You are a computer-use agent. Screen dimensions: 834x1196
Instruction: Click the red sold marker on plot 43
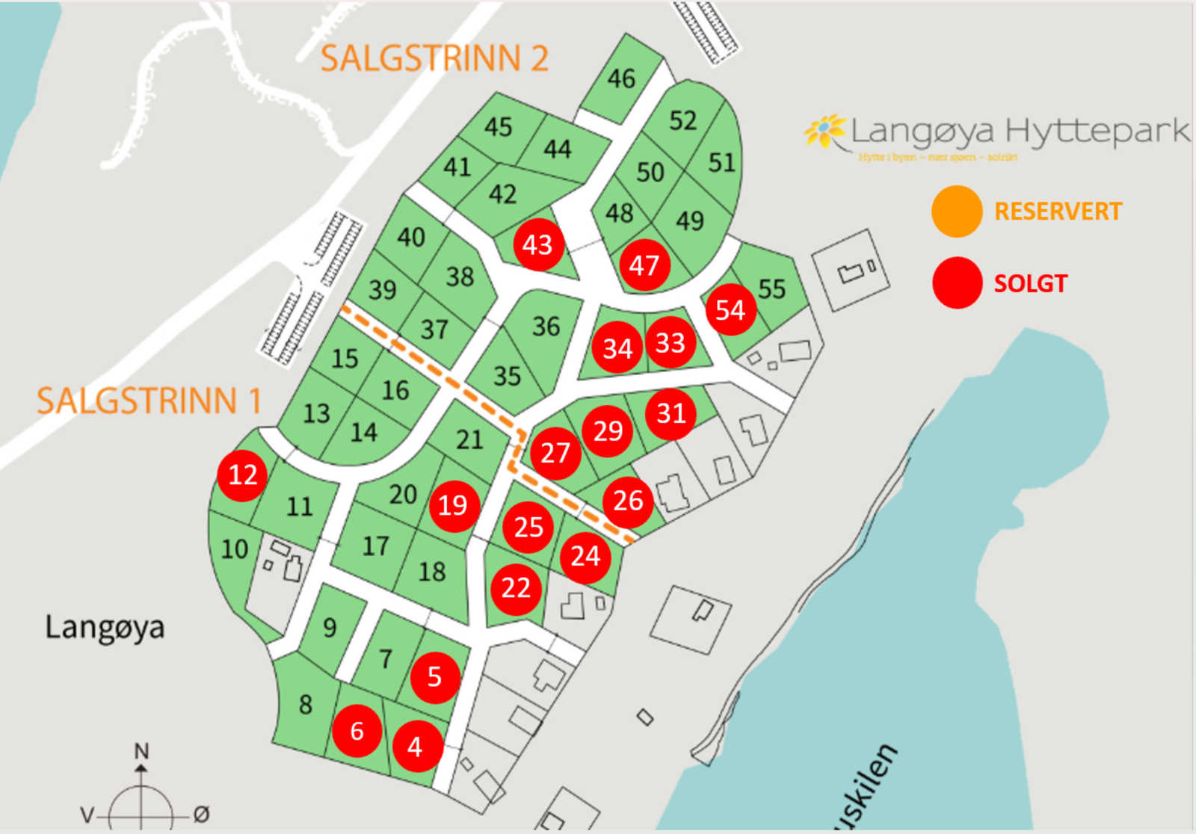pyautogui.click(x=537, y=245)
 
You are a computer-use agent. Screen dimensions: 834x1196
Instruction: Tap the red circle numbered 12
pyautogui.click(x=242, y=475)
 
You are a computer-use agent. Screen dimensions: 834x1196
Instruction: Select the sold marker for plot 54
pyautogui.click(x=730, y=309)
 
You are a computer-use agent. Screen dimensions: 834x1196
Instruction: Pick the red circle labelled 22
pyautogui.click(x=516, y=588)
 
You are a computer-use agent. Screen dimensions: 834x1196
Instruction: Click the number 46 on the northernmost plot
pyautogui.click(x=621, y=78)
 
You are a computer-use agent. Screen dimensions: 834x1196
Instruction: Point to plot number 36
pyautogui.click(x=546, y=327)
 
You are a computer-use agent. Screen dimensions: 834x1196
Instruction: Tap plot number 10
pyautogui.click(x=235, y=549)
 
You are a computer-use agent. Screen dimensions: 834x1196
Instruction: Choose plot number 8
pyautogui.click(x=305, y=704)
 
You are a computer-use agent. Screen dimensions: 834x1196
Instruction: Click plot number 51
pyautogui.click(x=721, y=162)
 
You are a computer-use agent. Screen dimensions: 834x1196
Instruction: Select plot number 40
pyautogui.click(x=411, y=238)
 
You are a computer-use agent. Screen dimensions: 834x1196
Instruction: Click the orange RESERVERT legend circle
pyautogui.click(x=957, y=211)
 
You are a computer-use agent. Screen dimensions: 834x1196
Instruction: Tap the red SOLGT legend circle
pyautogui.click(x=957, y=283)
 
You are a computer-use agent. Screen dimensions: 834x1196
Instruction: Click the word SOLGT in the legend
pyautogui.click(x=1030, y=284)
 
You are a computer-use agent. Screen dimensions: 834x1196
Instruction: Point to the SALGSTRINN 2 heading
pyautogui.click(x=434, y=58)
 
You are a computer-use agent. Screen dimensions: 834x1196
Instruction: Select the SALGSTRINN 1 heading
pyautogui.click(x=149, y=401)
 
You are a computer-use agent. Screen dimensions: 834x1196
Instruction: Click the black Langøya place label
pyautogui.click(x=105, y=628)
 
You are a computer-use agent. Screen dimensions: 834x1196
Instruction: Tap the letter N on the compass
pyautogui.click(x=141, y=750)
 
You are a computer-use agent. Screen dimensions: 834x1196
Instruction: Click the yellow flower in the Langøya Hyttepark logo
pyautogui.click(x=824, y=131)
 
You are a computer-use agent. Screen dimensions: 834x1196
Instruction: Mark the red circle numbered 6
pyautogui.click(x=357, y=731)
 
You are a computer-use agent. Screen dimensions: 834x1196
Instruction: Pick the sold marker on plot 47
pyautogui.click(x=644, y=265)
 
